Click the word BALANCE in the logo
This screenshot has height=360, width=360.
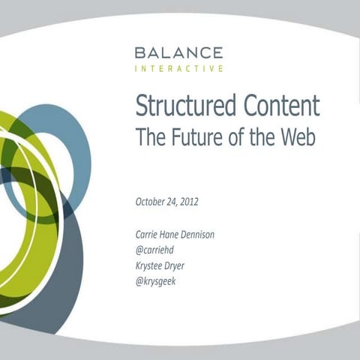178,52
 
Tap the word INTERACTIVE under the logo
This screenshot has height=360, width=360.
178,68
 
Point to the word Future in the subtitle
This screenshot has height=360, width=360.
191,137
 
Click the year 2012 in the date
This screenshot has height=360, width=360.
188,202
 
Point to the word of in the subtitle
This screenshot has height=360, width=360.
226,137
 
